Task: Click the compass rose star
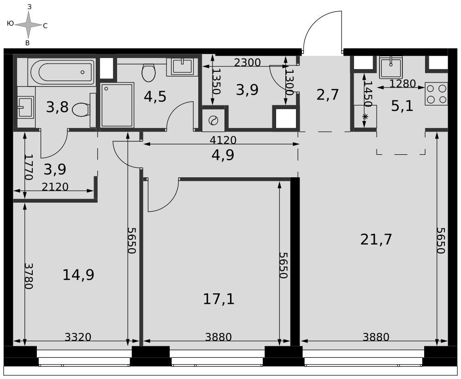(x=28, y=25)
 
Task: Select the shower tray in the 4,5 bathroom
(x=117, y=105)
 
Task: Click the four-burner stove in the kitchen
(x=436, y=94)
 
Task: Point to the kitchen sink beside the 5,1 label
(x=391, y=68)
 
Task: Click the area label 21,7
(x=376, y=240)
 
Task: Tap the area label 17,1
(x=219, y=299)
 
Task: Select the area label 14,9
(x=78, y=275)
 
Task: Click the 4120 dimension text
(x=223, y=140)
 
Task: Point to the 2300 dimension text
(x=247, y=63)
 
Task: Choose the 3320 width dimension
(x=78, y=337)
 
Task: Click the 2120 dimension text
(x=55, y=187)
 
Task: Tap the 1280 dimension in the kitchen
(x=402, y=84)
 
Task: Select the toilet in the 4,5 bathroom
(x=148, y=72)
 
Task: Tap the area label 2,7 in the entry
(x=327, y=94)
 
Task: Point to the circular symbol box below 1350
(x=213, y=121)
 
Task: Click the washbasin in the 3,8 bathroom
(x=25, y=107)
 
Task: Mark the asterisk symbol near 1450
(x=365, y=117)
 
